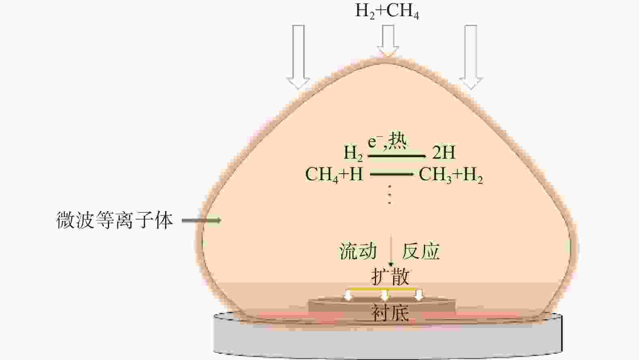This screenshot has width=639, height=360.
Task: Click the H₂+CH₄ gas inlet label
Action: coord(387,12)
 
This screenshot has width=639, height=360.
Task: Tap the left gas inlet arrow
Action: coord(298,57)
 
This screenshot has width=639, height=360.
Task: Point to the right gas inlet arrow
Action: coord(471,57)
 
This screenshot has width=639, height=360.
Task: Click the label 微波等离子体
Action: coord(115,220)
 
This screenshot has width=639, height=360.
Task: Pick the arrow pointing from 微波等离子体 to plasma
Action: coord(201,220)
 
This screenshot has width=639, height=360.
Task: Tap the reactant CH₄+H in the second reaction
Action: coord(334,174)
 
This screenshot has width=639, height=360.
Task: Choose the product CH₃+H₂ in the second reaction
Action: coord(451,175)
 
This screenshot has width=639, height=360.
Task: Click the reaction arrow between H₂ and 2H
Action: coord(397,156)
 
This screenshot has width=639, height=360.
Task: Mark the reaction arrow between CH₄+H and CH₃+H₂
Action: coord(392,174)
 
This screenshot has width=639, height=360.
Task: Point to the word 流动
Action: coord(358,251)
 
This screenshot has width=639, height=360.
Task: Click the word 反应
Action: coord(420,251)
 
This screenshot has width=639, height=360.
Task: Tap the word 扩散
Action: coord(390,277)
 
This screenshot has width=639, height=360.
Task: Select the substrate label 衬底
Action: coord(390,313)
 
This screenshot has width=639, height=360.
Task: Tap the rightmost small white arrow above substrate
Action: coord(418,295)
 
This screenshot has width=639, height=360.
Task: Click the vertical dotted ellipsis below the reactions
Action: coord(389,195)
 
